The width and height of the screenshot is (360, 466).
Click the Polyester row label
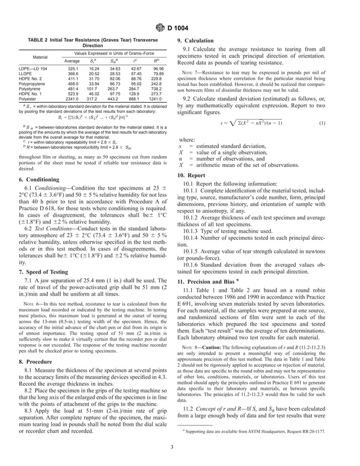(x=28, y=99)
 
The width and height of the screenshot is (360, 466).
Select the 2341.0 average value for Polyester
(x=72, y=99)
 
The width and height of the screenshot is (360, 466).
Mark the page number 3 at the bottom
(x=179, y=449)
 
